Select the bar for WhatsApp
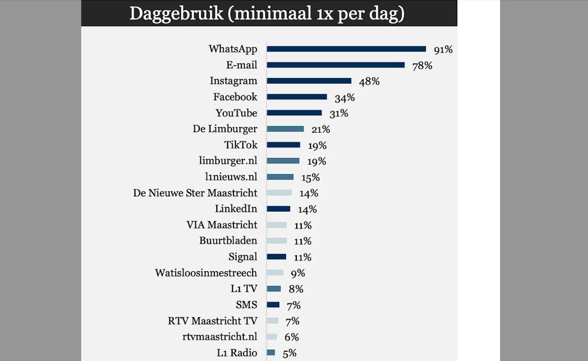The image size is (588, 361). (346, 49)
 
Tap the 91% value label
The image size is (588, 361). (443, 50)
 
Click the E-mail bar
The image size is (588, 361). (335, 65)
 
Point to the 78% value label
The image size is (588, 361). (423, 66)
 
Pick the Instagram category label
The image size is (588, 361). (234, 81)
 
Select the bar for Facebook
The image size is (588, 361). (297, 97)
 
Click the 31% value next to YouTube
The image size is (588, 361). (338, 114)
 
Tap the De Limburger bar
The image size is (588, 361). (285, 129)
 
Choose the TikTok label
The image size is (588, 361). (241, 145)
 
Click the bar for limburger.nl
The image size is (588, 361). (283, 161)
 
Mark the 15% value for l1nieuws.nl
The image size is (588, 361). (310, 178)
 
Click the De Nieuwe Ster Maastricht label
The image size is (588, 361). (195, 193)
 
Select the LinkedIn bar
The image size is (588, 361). (278, 209)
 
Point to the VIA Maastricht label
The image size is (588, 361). (222, 225)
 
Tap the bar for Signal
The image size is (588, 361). (276, 257)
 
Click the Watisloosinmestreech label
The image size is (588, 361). (206, 273)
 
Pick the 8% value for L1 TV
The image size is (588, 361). (296, 289)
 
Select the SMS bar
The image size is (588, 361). (273, 305)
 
